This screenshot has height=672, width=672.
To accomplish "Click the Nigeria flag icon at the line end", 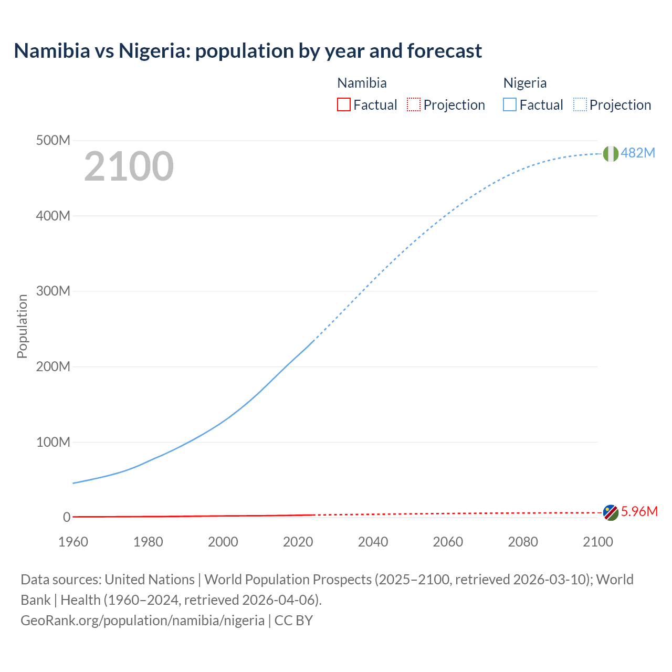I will coord(611,153).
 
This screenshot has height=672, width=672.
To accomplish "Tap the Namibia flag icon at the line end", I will coord(611,512).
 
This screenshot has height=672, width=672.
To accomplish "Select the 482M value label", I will coord(638,153).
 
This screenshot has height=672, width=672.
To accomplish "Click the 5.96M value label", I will coord(639,512).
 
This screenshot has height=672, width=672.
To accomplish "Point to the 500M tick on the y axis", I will coord(53,141).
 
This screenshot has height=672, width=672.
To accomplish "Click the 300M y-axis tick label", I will coord(53,291).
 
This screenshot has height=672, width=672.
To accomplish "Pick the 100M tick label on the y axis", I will coord(53,442).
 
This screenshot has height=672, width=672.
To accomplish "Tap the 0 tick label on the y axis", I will coord(67,518).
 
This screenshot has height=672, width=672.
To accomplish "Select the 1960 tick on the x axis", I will coord(73,542).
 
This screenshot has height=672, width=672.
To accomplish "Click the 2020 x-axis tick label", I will coord(298,542).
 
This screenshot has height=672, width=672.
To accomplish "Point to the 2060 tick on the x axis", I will coord(448,542).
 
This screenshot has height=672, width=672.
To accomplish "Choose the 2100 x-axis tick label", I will coord(597,542).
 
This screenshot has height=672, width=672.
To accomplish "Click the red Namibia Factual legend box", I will coord(344,105).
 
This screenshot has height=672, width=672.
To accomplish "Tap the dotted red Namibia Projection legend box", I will coord(414,105).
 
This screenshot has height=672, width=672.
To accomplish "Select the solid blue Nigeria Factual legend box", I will coord(510,105).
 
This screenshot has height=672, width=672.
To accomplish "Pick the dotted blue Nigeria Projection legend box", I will coord(580,105).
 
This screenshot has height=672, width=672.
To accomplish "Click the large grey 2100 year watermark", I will coord(129,166).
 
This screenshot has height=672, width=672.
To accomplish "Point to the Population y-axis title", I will coord(22,326).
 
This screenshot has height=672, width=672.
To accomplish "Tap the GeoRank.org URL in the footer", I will coord(142,621).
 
